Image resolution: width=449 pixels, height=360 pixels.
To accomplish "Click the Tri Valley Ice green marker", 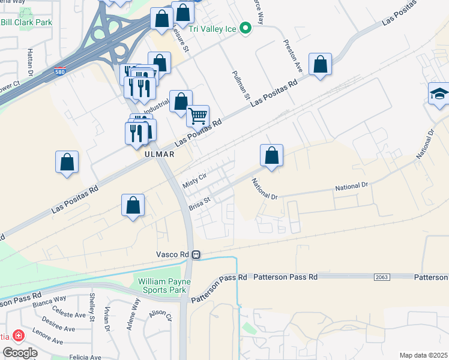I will pyautogui.click(x=245, y=28).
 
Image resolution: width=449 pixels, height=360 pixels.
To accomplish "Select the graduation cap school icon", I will pyautogui.click(x=439, y=94).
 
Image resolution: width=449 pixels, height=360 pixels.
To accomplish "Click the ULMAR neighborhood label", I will pyautogui.click(x=159, y=154).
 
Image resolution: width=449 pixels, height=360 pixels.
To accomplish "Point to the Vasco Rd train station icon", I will pyautogui.click(x=196, y=254).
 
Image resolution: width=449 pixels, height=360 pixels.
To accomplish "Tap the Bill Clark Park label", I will pyautogui.click(x=26, y=22).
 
